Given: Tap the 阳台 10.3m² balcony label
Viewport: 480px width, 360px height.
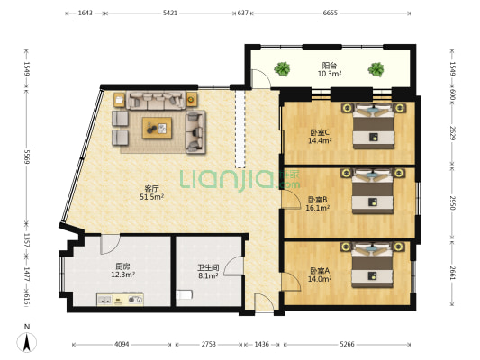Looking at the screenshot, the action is point(330,69).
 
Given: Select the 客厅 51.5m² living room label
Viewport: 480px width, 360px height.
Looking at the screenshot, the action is point(152,193).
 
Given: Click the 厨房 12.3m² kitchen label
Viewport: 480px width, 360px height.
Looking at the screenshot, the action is point(123,270).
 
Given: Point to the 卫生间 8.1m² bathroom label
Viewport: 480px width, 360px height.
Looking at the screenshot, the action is point(208,272).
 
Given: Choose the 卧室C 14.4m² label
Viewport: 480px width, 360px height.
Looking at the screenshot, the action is point(320,137).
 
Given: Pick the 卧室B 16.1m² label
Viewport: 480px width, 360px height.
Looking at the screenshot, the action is point(318,203).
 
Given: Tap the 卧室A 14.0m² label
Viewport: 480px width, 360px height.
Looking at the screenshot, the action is point(320,274).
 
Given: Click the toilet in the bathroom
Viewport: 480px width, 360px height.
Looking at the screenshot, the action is point(184,295).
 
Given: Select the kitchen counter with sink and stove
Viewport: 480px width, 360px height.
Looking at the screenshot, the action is point(120,300).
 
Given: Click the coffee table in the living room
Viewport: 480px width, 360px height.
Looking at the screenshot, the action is point(157,128).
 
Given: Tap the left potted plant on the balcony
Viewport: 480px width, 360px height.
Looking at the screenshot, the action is point(282,68).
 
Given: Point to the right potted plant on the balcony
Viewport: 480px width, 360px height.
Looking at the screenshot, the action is point(376,69).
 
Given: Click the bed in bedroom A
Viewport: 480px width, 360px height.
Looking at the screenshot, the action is point(372,265).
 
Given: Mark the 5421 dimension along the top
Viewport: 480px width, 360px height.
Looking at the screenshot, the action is point(170,13).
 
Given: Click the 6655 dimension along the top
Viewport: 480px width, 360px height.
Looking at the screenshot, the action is point(331,13).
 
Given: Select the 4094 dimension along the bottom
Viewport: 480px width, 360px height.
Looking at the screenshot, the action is point(122,345).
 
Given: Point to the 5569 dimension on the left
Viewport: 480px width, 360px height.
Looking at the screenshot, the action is point(27,157).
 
